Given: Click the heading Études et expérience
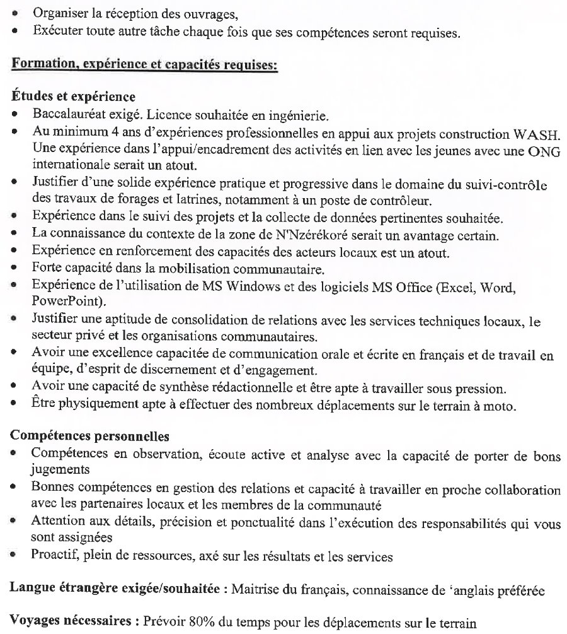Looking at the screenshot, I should coord(73,97).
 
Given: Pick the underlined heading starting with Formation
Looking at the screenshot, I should coord(145,66).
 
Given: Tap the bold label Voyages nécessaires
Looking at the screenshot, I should coord(71,620).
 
